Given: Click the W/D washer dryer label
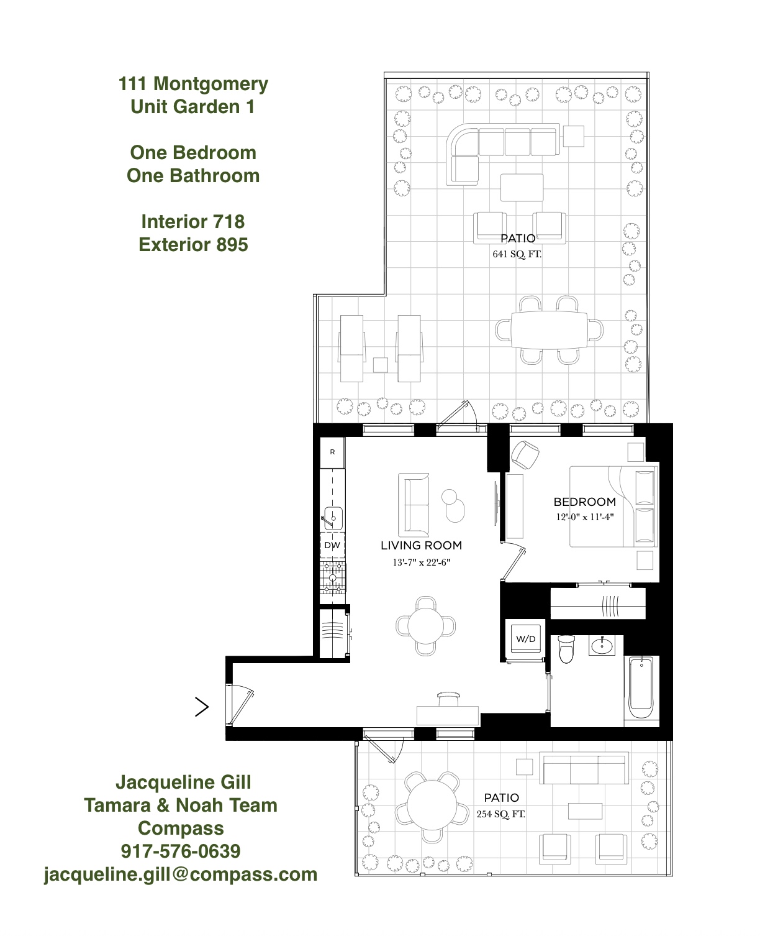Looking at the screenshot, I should [525, 639].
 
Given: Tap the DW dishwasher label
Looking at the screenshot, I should [332, 546].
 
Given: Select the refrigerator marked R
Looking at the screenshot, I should [332, 452].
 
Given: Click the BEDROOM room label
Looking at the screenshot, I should [584, 502].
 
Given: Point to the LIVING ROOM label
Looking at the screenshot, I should [421, 545].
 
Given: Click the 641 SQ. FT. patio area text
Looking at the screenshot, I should [517, 254].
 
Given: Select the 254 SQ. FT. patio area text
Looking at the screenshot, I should [500, 814].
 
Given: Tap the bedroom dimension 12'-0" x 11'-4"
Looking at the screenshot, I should [584, 517].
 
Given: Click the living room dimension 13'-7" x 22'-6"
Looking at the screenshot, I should [421, 562].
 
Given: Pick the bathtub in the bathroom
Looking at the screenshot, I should [641, 688].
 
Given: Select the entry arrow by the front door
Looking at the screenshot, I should [202, 707].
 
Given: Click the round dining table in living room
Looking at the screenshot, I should [425, 625].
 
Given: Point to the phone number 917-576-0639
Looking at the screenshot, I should [181, 851].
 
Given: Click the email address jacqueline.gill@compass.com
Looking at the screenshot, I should [181, 874].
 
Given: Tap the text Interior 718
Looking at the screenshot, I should [192, 221].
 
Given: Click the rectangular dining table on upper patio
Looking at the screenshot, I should [549, 330].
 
